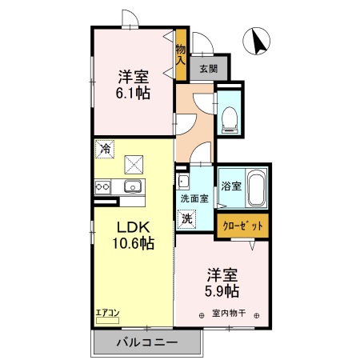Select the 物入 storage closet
(182, 54)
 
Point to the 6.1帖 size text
(134, 93)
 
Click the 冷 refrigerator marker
(105, 148)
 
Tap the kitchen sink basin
(132, 187)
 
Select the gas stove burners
(103, 187)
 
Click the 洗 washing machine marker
(186, 217)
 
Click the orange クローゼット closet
(243, 226)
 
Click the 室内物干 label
(228, 313)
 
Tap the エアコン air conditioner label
(107, 313)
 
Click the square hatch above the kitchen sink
(134, 165)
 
